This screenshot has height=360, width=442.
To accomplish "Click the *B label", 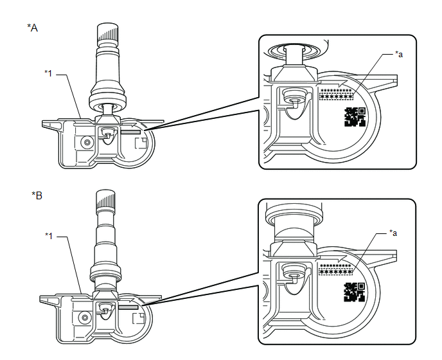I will [x=37, y=195].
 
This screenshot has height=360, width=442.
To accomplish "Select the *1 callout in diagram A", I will [x=49, y=73].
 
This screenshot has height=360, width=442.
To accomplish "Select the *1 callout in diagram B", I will [x=49, y=236].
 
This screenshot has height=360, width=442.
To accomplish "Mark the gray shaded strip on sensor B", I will [x=129, y=307].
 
